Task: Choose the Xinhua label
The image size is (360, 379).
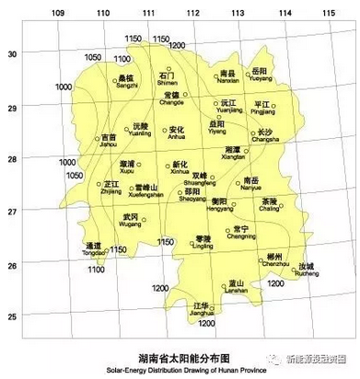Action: (x=180, y=170)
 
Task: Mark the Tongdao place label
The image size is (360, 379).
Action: (x=94, y=251)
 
